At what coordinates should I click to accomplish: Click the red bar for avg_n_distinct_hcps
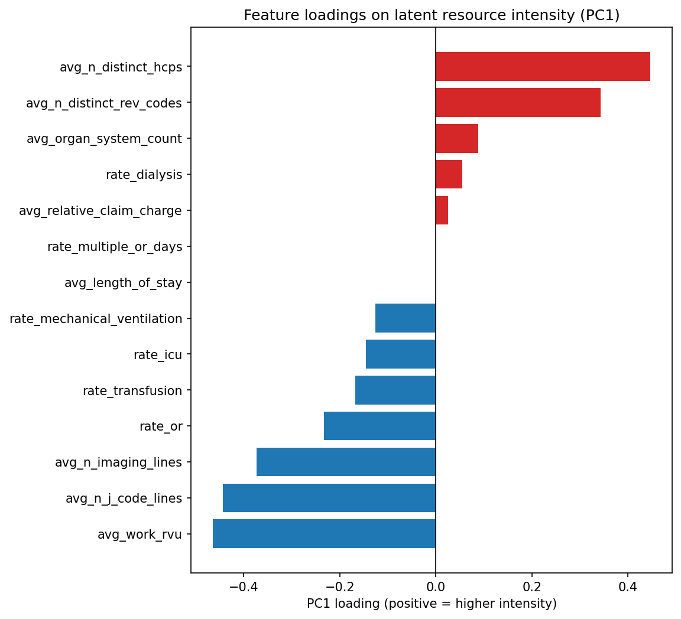click(543, 67)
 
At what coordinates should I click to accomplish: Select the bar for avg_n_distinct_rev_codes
click(518, 103)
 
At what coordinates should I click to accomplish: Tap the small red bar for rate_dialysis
click(449, 175)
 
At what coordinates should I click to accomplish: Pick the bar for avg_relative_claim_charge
click(442, 210)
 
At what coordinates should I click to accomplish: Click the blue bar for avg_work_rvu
click(324, 534)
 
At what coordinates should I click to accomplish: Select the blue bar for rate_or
click(380, 426)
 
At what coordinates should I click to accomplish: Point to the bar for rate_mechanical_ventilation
click(406, 318)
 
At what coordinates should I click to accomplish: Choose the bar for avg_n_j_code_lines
click(329, 498)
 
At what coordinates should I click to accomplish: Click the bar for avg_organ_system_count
click(457, 139)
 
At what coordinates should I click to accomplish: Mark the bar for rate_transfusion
click(395, 390)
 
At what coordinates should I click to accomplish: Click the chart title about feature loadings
click(432, 16)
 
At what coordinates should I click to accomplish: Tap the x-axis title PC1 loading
click(432, 604)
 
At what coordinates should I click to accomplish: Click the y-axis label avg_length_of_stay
click(123, 283)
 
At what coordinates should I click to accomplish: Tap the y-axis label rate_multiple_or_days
click(115, 247)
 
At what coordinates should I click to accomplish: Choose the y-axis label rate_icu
click(157, 354)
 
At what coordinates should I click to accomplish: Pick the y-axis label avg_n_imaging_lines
click(118, 462)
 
